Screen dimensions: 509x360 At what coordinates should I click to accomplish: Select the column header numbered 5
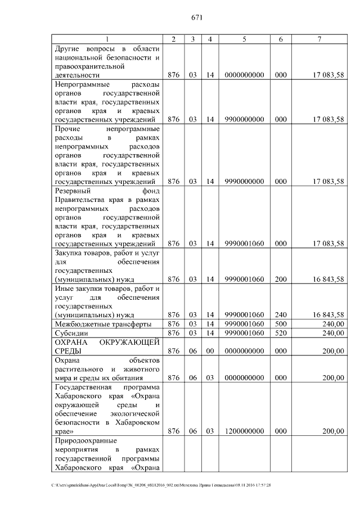[x=244, y=38]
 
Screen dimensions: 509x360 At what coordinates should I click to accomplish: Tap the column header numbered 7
[x=319, y=38]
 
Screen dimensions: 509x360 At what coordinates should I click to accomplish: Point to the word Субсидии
[x=70, y=333]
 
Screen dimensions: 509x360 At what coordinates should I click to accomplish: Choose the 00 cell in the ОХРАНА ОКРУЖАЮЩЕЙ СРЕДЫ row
[x=209, y=351]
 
